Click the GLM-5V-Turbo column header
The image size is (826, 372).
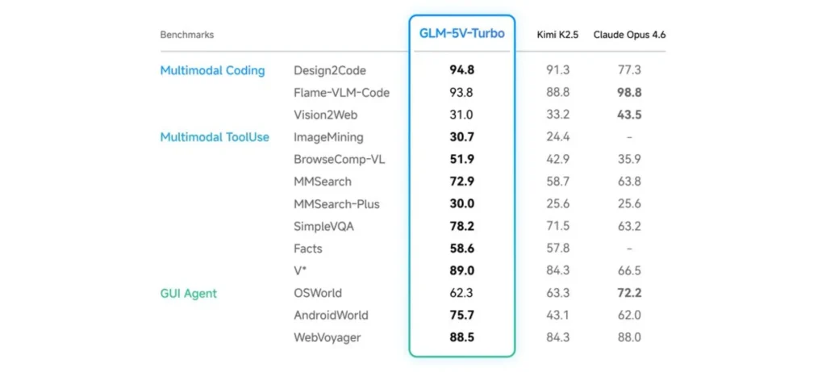[x=461, y=34]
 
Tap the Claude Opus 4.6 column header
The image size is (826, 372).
[x=629, y=35]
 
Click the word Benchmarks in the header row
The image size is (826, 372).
[x=187, y=35]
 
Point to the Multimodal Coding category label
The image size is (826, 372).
[x=212, y=70]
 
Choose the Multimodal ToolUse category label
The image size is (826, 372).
[x=215, y=137]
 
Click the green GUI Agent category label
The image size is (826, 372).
[x=188, y=293]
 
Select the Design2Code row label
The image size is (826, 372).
[x=331, y=70]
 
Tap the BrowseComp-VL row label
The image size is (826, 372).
[x=339, y=160]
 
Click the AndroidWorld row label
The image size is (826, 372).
[x=331, y=316]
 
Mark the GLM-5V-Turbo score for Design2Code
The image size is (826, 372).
[x=461, y=70]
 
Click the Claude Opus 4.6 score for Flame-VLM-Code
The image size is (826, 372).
[x=629, y=93]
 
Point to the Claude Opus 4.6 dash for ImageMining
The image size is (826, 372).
[x=629, y=137]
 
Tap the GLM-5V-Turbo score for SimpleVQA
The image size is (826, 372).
[x=461, y=227]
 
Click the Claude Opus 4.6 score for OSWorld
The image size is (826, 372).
[x=629, y=293]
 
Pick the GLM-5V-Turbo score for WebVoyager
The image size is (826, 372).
[x=461, y=337]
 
